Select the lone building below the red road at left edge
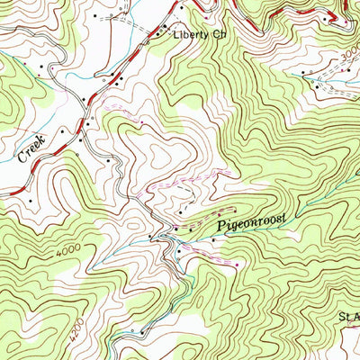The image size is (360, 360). pyautogui.click(x=30, y=200)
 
